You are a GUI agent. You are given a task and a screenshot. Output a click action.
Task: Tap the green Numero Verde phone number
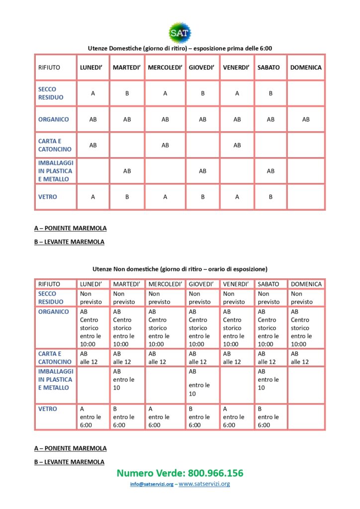[x=180, y=473]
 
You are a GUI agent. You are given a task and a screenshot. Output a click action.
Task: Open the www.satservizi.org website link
[x=204, y=484]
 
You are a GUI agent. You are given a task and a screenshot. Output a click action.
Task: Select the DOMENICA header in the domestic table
[x=306, y=67]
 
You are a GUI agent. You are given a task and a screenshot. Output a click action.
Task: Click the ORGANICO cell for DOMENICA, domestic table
[x=306, y=119]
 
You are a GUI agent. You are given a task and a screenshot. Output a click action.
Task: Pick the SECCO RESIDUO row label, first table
[x=51, y=93]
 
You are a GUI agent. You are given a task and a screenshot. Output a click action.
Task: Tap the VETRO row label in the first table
[x=48, y=197]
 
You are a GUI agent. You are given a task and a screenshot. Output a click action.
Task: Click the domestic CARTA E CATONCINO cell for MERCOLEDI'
[x=165, y=145]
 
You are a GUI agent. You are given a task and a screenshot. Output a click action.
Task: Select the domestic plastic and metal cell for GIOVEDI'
[x=202, y=171]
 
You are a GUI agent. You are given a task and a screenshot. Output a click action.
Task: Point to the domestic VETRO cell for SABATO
[x=270, y=197]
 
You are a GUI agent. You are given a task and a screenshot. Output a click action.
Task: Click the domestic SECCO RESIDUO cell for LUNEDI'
[x=93, y=93]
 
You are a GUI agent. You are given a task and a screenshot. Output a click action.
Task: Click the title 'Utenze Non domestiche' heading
[x=180, y=269]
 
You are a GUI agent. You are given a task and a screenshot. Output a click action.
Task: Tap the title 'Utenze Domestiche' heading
[x=180, y=48]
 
